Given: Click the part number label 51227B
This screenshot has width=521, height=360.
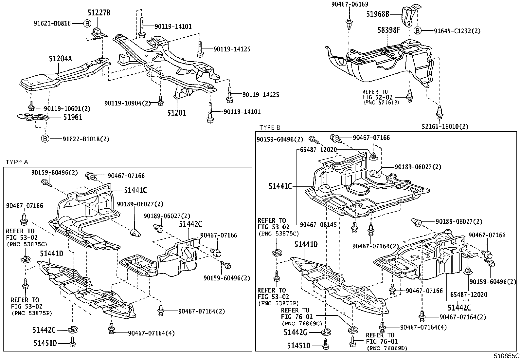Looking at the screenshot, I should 99,13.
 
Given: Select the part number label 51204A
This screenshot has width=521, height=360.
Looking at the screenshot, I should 60,59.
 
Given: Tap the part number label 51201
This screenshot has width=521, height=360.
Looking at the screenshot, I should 177,113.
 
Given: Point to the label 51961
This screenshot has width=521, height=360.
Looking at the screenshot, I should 73,117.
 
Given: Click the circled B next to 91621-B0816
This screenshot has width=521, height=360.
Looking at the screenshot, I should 87,24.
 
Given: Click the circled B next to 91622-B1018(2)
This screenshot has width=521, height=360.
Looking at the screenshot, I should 45,139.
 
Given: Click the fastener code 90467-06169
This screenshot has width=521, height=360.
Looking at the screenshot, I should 349,4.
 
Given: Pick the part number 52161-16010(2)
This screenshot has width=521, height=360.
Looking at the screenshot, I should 449,126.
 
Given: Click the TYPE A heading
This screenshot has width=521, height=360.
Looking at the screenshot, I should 17,162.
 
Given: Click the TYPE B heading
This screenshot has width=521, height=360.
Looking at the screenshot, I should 270,127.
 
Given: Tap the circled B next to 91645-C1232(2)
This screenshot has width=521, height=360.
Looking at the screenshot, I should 418,31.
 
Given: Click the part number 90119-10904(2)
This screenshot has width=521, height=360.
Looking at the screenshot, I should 128,103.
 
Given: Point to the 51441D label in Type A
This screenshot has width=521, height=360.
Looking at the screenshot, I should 52,253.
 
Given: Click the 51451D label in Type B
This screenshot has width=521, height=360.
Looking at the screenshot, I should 299,346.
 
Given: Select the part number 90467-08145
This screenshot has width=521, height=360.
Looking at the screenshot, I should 319,225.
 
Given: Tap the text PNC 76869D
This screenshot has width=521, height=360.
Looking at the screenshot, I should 387,348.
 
